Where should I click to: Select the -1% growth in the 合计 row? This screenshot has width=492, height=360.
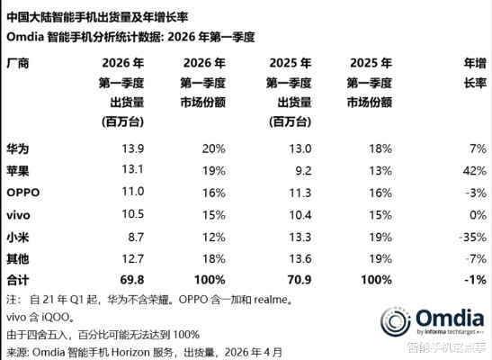click(x=473, y=281)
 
